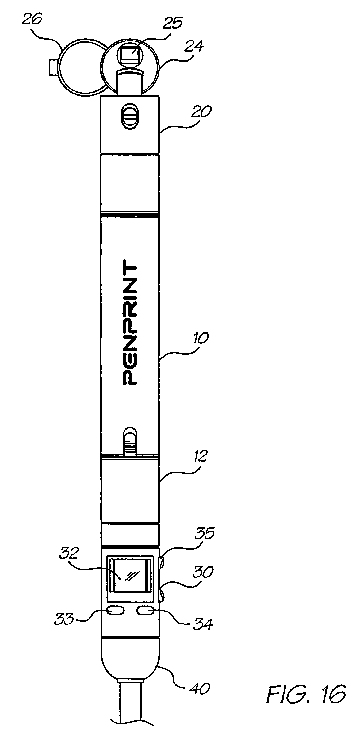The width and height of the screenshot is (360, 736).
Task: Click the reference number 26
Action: [32, 20]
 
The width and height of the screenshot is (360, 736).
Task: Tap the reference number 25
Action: [172, 23]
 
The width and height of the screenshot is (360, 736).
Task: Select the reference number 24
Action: [194, 46]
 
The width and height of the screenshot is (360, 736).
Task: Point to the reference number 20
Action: [201, 112]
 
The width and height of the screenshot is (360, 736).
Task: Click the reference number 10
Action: [201, 338]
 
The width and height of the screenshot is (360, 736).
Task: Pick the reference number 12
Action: [200, 456]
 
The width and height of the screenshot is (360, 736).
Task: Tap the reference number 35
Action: [205, 533]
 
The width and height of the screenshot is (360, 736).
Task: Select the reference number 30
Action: [203, 572]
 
